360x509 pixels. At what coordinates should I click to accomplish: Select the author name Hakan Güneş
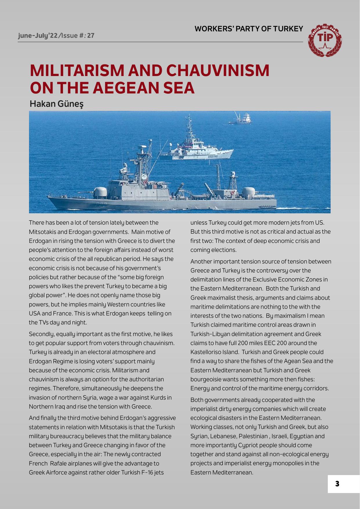57,104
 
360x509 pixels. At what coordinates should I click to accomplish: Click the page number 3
337,484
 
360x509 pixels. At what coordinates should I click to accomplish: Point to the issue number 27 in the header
91,36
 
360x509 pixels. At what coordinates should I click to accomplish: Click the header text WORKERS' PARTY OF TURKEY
249,29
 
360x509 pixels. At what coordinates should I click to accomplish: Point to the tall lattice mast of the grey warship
143,163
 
